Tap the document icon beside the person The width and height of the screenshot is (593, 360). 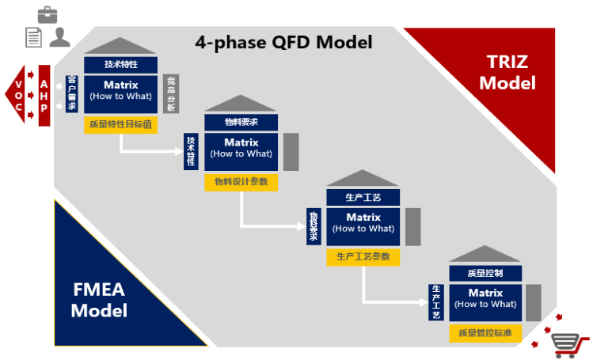[33, 36]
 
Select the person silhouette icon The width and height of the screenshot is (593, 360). [59, 36]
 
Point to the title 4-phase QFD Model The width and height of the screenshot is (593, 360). [283, 42]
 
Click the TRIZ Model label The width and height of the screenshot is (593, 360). [507, 72]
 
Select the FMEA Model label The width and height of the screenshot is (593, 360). [99, 299]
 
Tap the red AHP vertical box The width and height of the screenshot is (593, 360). [44, 96]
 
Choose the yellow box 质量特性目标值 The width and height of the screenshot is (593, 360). [120, 124]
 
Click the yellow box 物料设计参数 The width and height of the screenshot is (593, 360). [241, 182]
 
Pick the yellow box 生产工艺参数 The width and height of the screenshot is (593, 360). [363, 256]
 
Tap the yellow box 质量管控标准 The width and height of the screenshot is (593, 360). [485, 333]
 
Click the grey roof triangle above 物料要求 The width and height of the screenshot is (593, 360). [241, 104]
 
